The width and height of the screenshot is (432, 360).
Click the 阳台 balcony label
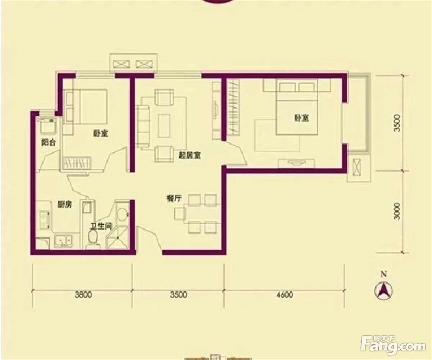coord(48,143)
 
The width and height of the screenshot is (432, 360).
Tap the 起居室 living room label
coord(190,156)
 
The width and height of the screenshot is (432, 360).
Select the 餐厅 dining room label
coord(174,198)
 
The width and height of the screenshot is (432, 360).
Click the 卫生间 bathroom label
coord(101,226)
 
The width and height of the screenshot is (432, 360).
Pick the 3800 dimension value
coord(84,295)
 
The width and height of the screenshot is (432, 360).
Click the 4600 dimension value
coord(285,295)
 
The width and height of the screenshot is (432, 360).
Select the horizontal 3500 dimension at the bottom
coord(179,295)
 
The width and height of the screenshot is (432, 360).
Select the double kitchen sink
coord(63,241)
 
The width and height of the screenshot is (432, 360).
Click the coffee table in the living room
coord(164,126)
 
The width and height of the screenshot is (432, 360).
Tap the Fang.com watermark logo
coord(393,264)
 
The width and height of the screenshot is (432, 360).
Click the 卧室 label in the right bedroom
coord(301,118)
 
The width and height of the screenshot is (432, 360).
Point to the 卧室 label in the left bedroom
coord(101,134)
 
